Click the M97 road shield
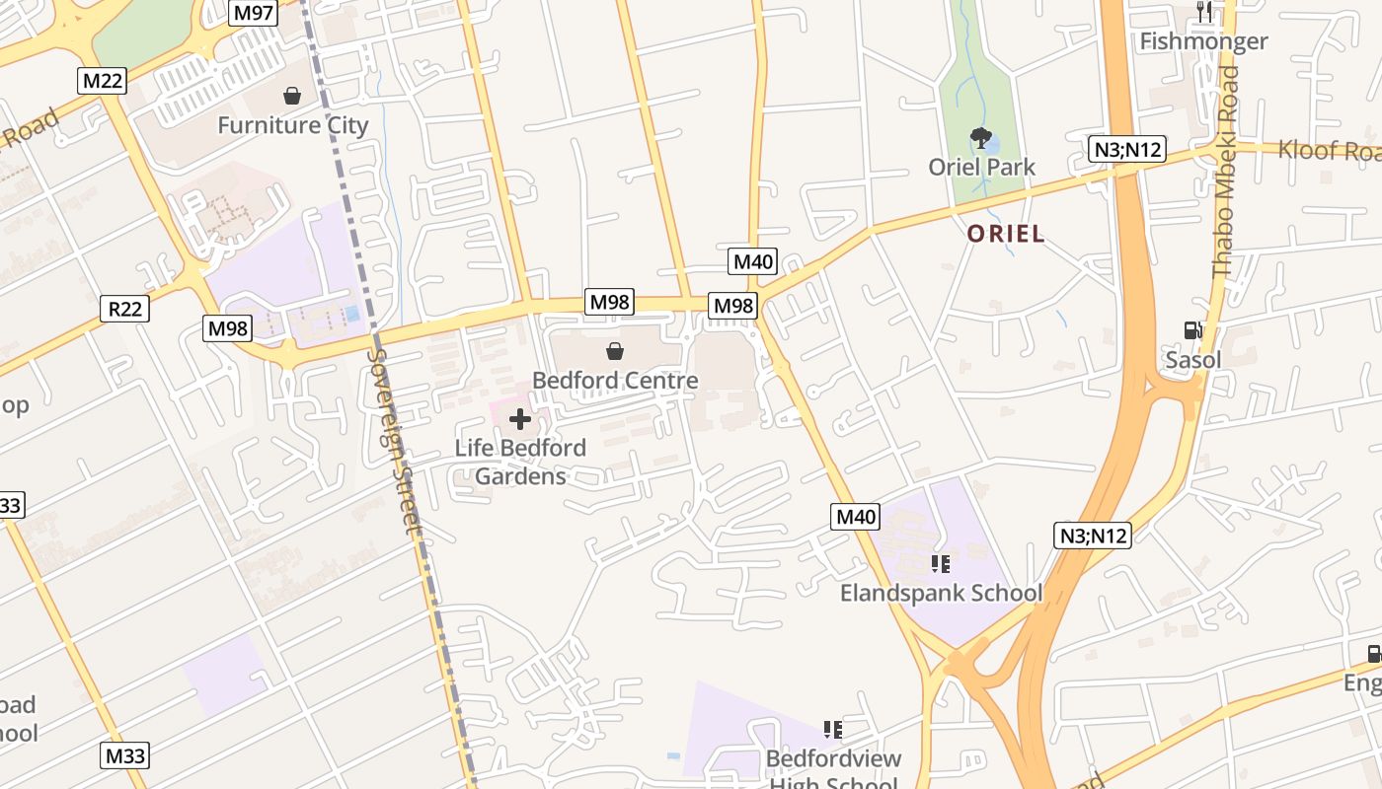(x=253, y=13)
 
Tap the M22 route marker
(x=103, y=81)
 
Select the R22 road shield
(x=125, y=309)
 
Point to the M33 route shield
(x=125, y=756)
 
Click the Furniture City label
(x=292, y=125)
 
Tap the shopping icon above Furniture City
(x=292, y=96)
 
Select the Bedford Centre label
(x=615, y=380)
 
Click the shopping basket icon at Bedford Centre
(x=615, y=350)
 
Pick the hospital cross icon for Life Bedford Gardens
(x=520, y=420)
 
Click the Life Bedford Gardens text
(x=520, y=462)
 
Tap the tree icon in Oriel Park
(x=980, y=137)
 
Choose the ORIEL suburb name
(x=1005, y=234)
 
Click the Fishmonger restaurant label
(x=1203, y=41)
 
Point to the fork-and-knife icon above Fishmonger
(x=1203, y=12)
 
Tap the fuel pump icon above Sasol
(x=1193, y=330)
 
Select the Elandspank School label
(x=941, y=593)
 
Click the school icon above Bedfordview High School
(x=833, y=730)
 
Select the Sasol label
(x=1193, y=360)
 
